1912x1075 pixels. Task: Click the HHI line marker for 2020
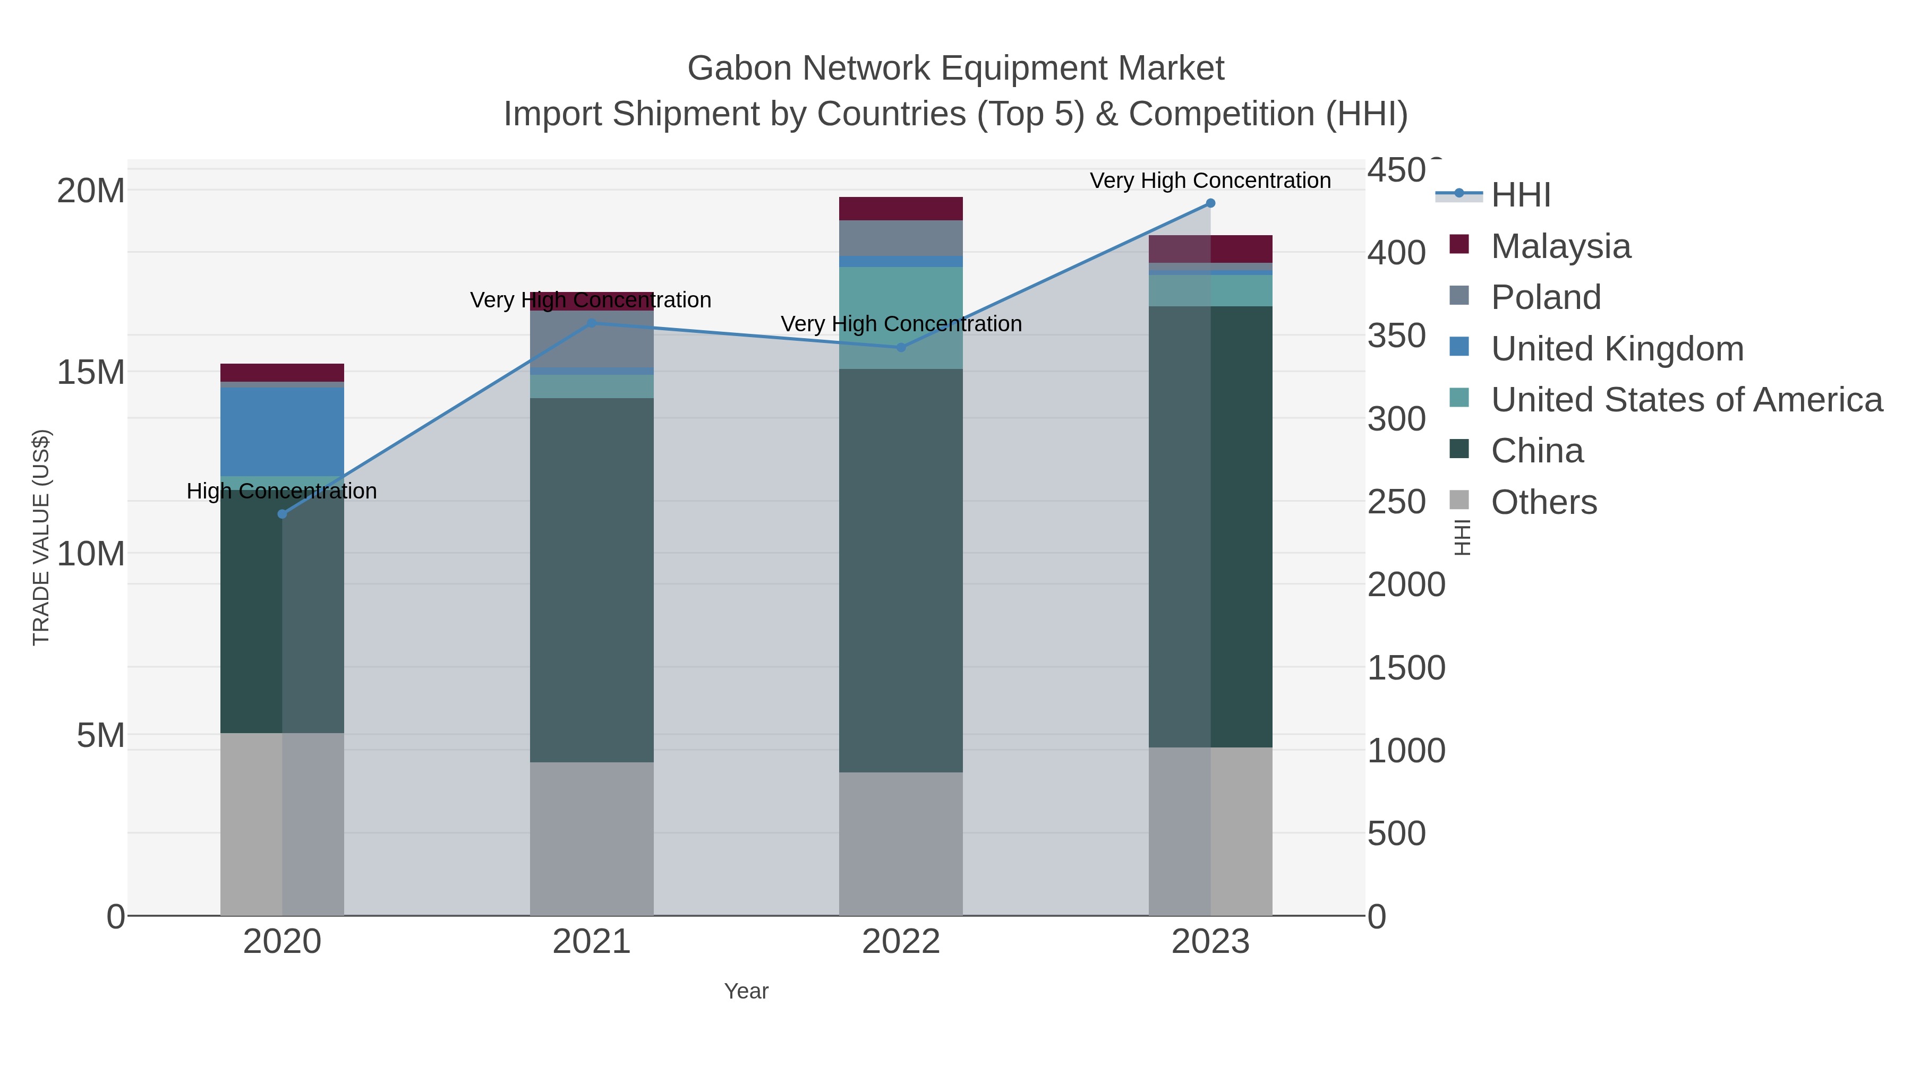[x=282, y=514]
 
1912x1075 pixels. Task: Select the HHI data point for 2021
[x=592, y=323]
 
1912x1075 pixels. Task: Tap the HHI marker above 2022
[x=901, y=347]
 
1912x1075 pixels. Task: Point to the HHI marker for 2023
[x=1210, y=203]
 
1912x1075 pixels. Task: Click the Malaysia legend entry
[x=1560, y=246]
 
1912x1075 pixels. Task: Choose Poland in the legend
[x=1546, y=297]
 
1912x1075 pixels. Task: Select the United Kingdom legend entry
[x=1617, y=349]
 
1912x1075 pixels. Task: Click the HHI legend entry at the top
[x=1520, y=195]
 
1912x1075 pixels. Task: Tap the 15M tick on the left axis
[x=90, y=373]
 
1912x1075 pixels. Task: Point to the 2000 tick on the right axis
[x=1406, y=584]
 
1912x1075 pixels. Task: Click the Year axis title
[x=746, y=991]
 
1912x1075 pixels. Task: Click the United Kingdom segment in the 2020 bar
[x=282, y=431]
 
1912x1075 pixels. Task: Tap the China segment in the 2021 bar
[x=592, y=579]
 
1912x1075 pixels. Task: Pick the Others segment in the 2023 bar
[x=1210, y=831]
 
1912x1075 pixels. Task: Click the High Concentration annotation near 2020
[x=281, y=491]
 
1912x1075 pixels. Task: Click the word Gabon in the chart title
[x=739, y=68]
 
